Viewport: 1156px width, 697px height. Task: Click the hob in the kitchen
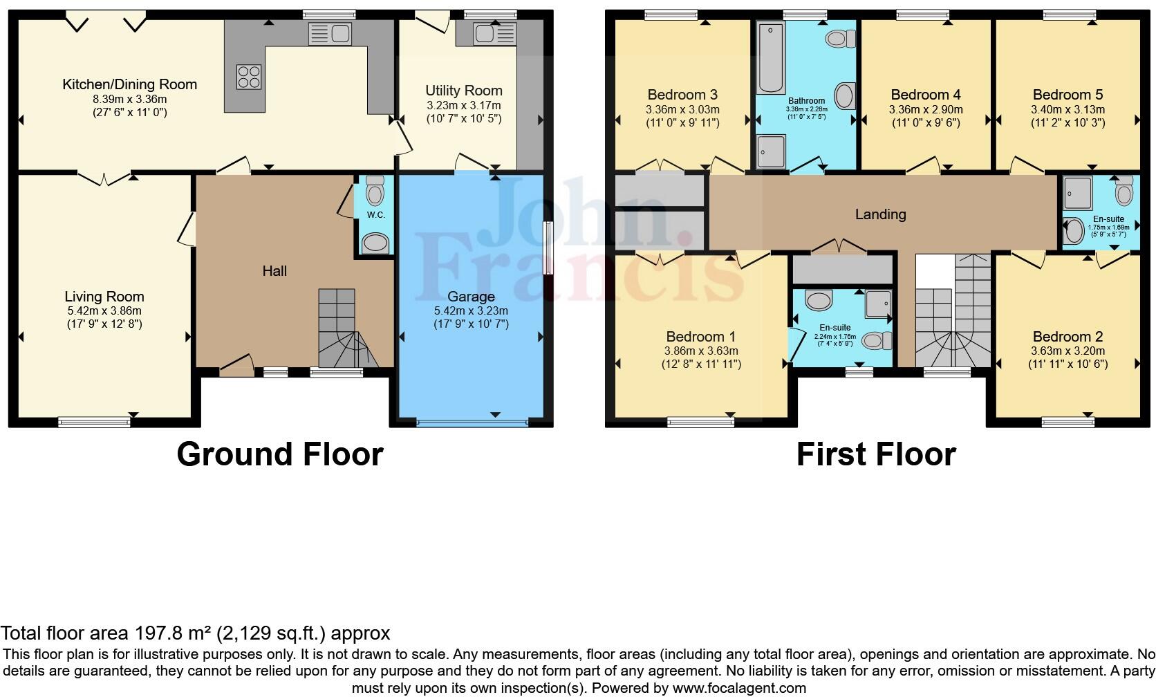tap(249, 76)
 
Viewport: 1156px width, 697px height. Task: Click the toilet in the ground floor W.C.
tap(375, 190)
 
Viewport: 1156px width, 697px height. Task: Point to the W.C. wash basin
tap(375, 243)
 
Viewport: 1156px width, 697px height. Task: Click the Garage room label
tap(470, 297)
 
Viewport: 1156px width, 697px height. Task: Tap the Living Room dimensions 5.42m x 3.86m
tap(104, 310)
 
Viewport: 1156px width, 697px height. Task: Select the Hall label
tap(274, 271)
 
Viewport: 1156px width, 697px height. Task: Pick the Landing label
tap(880, 214)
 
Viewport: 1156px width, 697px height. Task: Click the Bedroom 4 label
tap(925, 95)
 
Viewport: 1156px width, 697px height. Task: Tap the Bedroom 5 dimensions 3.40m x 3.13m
tap(1068, 109)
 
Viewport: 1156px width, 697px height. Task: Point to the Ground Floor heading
tap(280, 454)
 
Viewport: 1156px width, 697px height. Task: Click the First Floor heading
tap(876, 454)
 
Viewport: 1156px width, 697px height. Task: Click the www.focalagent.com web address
tap(739, 688)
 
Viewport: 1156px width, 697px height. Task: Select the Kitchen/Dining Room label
tap(129, 84)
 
